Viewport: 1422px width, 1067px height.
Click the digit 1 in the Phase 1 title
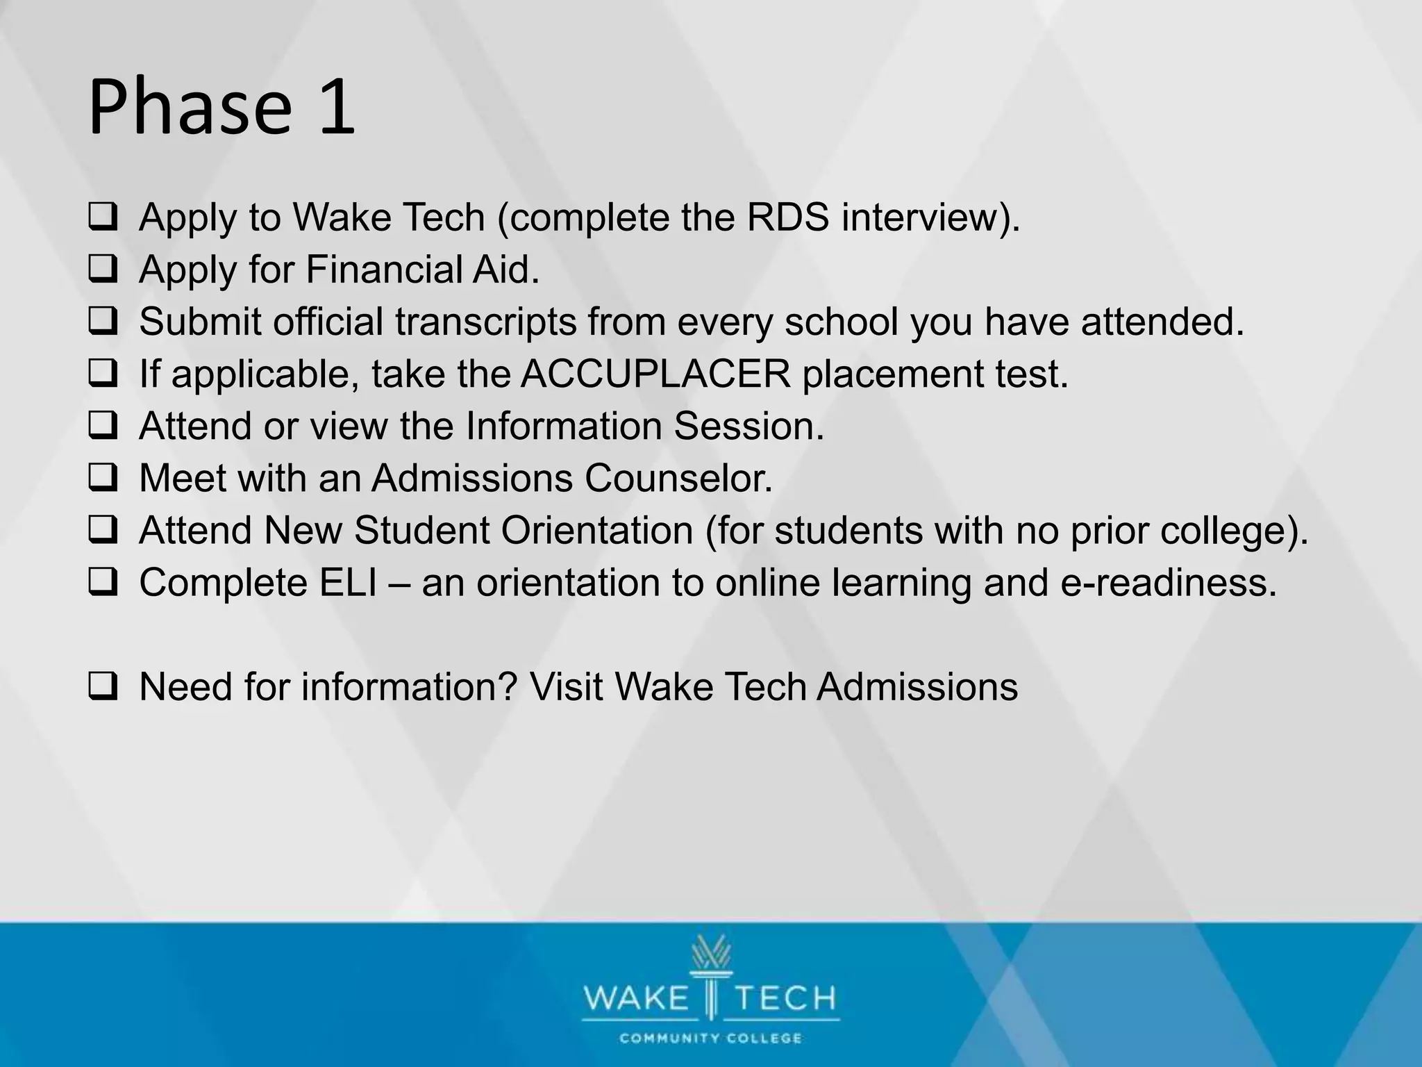pos(337,108)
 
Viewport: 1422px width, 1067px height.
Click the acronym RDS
pos(788,217)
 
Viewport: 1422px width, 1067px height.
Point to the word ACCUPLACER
pos(655,374)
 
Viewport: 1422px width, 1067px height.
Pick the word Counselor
pos(678,478)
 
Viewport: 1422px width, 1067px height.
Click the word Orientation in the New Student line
pos(596,530)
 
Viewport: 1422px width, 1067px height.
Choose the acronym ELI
pos(348,582)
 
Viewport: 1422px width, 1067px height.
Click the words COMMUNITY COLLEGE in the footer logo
pos(710,1039)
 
